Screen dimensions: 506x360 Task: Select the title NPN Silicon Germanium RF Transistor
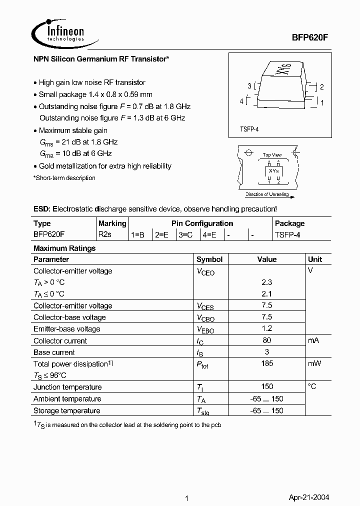click(x=101, y=59)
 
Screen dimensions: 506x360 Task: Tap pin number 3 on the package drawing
click(x=249, y=86)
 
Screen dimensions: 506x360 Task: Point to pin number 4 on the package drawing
click(x=241, y=101)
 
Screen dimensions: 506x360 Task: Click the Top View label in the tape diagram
click(x=272, y=155)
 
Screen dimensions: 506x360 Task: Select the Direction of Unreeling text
click(x=267, y=194)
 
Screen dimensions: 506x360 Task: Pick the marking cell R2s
click(x=105, y=234)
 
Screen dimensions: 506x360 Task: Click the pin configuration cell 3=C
click(x=185, y=234)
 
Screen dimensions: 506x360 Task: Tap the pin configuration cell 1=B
click(x=138, y=234)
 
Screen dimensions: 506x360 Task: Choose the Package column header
click(x=289, y=223)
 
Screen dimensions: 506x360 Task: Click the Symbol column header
click(x=209, y=259)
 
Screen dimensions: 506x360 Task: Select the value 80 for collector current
click(x=267, y=340)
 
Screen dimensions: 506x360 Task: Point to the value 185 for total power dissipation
click(x=267, y=363)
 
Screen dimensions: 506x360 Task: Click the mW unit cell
click(x=314, y=363)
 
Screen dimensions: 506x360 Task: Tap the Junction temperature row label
click(x=67, y=387)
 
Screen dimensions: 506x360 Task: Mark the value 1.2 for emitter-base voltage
click(x=267, y=328)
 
